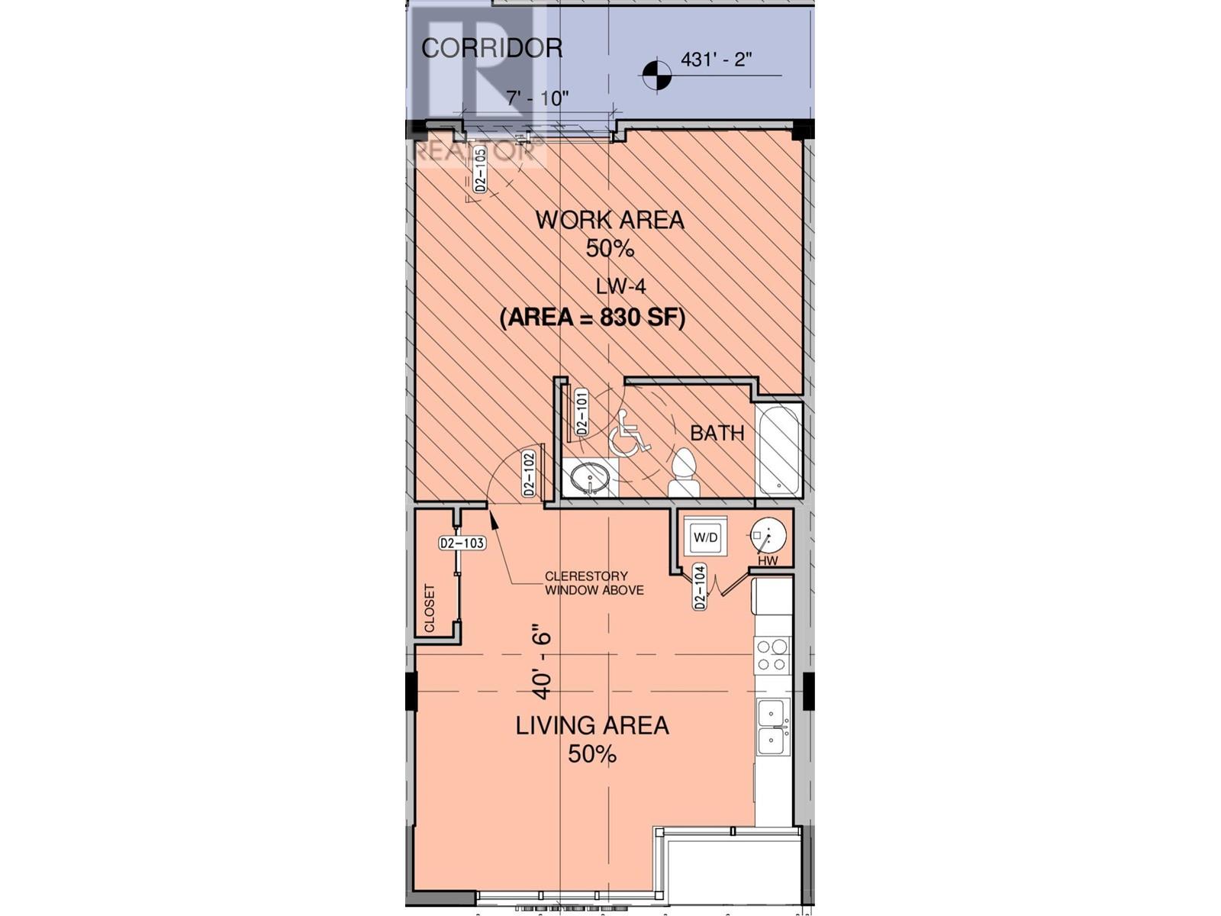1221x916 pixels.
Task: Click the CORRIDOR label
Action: pyautogui.click(x=491, y=48)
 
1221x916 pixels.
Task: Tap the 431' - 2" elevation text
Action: pyautogui.click(x=716, y=60)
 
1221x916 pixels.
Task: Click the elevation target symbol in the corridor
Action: pyautogui.click(x=656, y=75)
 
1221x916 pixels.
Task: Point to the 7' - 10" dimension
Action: pyautogui.click(x=538, y=98)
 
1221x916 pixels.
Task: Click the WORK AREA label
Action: pyautogui.click(x=609, y=221)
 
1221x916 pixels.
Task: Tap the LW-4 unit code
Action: pyautogui.click(x=620, y=286)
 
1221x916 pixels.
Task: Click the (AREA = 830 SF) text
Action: pyautogui.click(x=592, y=317)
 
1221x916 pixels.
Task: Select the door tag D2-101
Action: pyautogui.click(x=582, y=412)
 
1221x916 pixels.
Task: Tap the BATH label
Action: pyautogui.click(x=717, y=433)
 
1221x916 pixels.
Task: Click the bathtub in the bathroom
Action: pyautogui.click(x=778, y=450)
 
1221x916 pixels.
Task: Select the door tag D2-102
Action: pyautogui.click(x=528, y=474)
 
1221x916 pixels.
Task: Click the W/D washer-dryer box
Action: pyautogui.click(x=705, y=537)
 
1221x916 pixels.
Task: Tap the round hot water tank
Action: pyautogui.click(x=768, y=534)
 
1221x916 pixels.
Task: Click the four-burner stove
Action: pyautogui.click(x=772, y=655)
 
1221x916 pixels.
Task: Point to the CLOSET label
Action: pyautogui.click(x=429, y=608)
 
